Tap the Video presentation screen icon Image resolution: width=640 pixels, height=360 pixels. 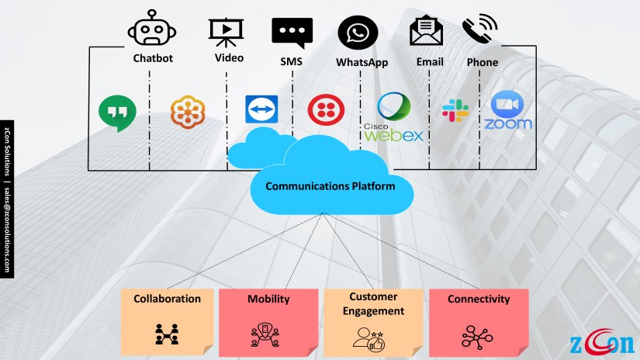click(x=227, y=32)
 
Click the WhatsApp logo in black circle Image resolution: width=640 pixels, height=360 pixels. click(x=358, y=34)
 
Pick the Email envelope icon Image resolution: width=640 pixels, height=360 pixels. click(x=426, y=32)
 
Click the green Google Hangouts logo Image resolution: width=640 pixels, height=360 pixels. click(x=117, y=112)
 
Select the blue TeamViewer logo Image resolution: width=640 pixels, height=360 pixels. click(x=261, y=110)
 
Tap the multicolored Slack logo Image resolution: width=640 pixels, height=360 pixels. click(x=455, y=110)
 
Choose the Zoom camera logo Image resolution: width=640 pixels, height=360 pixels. click(x=508, y=110)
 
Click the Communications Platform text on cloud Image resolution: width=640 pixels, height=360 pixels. click(x=330, y=186)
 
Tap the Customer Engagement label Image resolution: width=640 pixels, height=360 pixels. click(x=376, y=304)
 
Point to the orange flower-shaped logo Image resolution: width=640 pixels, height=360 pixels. click(x=188, y=112)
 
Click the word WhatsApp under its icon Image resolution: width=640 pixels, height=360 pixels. click(x=361, y=62)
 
